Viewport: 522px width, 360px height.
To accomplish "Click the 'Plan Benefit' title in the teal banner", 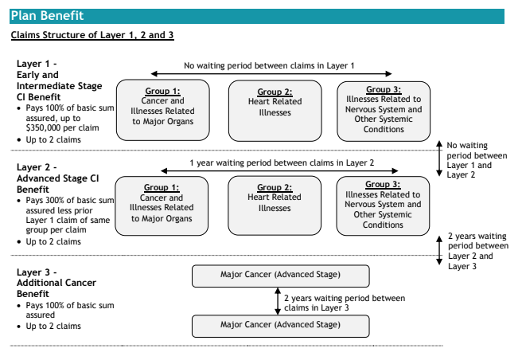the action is pos(47,16).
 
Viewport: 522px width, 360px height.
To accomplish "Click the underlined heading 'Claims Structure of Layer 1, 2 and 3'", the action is pos(92,35).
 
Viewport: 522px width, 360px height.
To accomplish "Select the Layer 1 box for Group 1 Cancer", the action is pos(163,110).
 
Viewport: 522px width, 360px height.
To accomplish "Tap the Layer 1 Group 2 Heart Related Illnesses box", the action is pos(275,111).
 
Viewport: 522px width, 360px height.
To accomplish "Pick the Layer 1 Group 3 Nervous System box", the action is pos(384,111).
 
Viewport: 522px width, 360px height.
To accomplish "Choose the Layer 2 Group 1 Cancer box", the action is pos(162,206).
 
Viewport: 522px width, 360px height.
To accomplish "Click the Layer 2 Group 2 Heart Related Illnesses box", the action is pos(275,205).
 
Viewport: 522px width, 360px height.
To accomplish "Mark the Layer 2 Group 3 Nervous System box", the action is pos(383,206).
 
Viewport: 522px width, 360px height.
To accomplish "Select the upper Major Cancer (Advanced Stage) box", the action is pos(281,276).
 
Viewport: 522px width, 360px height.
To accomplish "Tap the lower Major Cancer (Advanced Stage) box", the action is pos(281,326).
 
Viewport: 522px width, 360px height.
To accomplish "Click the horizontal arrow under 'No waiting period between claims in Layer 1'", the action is pos(271,73).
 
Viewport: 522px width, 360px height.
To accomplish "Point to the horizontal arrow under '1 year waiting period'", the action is pos(279,171).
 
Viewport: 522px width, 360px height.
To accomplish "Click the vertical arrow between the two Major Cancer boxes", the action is pos(278,301).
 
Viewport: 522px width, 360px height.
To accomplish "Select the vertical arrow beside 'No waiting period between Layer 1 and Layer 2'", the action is pos(439,158).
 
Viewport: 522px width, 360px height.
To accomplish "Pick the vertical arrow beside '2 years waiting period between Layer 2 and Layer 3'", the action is pos(439,250).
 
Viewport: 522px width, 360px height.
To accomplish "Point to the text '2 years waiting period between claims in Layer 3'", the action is pos(345,303).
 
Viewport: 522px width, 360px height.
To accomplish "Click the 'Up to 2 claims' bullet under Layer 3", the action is pos(53,326).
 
